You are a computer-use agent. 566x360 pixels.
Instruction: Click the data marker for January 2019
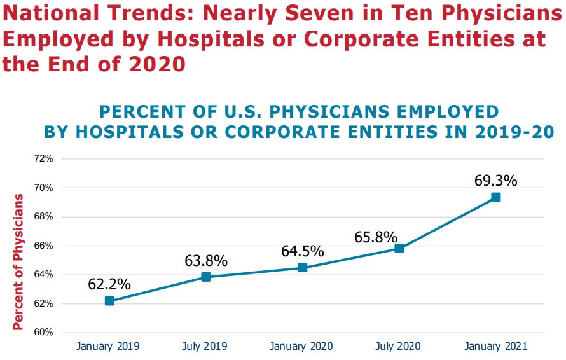point(109,301)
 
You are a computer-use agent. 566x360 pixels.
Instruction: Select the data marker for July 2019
point(206,277)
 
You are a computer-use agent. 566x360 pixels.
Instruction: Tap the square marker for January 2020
point(303,268)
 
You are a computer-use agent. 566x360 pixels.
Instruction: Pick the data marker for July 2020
point(399,248)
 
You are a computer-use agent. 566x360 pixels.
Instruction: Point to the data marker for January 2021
point(495,197)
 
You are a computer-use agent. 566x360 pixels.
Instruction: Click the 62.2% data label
point(109,284)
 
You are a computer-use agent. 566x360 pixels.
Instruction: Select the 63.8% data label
point(206,260)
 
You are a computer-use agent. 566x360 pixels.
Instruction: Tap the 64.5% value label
point(303,251)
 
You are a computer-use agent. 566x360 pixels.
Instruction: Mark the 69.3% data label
point(495,180)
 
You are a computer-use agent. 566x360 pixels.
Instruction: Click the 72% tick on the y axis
point(44,158)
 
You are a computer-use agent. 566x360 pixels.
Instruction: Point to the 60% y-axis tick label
point(44,333)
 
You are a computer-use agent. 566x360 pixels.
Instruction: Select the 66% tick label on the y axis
point(44,246)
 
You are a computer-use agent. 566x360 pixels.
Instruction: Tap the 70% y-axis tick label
point(44,188)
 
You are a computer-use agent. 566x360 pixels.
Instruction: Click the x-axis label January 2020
point(302,347)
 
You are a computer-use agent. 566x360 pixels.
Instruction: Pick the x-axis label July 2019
point(205,347)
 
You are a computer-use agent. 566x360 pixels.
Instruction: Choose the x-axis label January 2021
point(495,347)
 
